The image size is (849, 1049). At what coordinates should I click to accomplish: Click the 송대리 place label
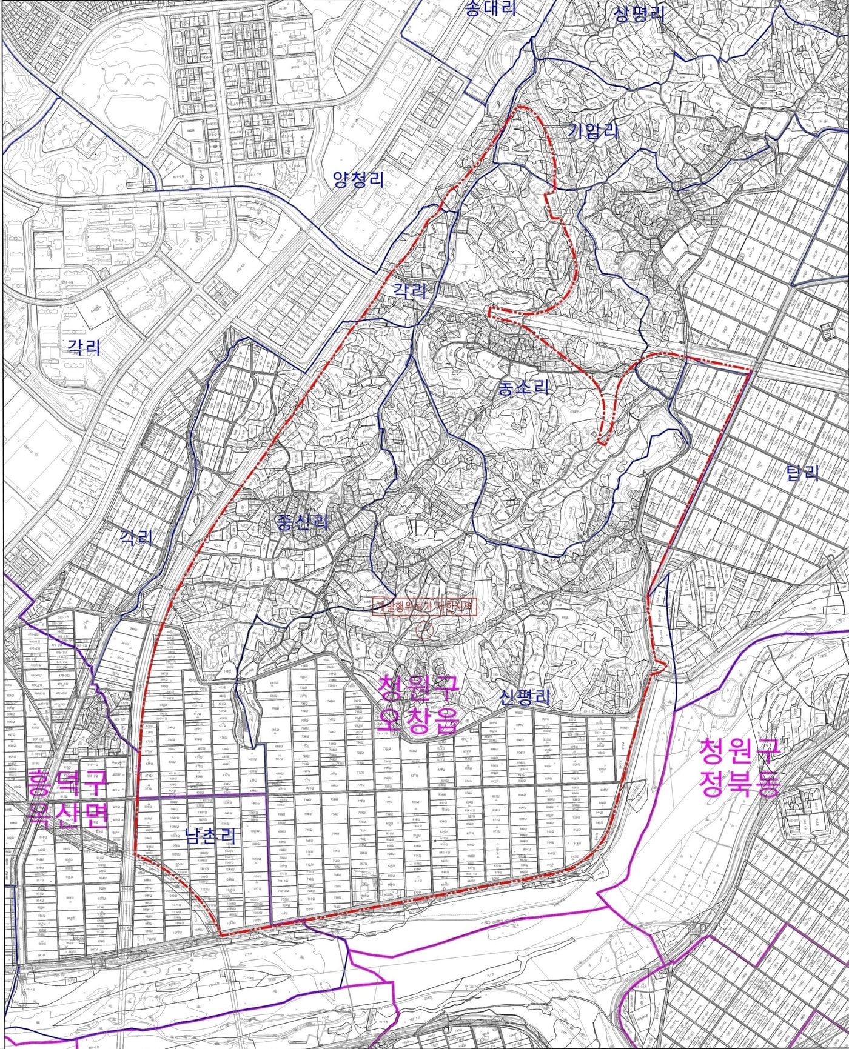click(490, 8)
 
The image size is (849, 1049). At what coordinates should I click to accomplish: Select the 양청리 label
click(358, 179)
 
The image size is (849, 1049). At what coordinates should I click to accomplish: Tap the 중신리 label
click(302, 522)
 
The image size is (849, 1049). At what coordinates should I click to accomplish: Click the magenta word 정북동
click(739, 785)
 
